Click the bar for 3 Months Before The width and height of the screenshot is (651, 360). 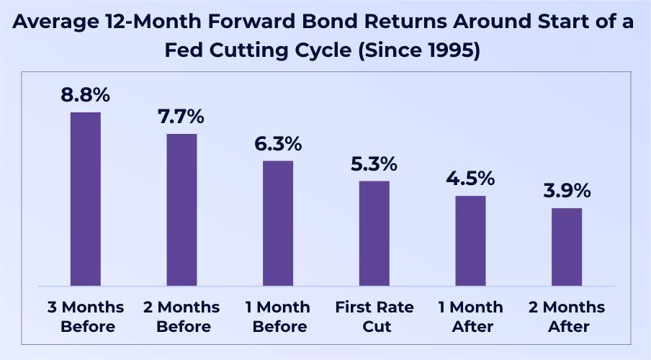[86, 199]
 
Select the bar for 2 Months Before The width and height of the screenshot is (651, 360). [182, 210]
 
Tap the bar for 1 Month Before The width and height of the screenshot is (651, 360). [278, 223]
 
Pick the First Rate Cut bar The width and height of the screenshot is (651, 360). [374, 233]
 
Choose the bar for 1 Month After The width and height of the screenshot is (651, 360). [470, 240]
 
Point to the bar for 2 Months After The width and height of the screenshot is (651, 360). [567, 247]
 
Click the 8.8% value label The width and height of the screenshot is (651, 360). [86, 95]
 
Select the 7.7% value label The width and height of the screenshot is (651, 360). [181, 117]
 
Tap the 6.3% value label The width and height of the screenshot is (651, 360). [278, 144]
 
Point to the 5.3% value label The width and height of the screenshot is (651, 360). [374, 164]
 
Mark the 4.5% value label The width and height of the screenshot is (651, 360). [470, 179]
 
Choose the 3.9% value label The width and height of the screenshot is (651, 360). [567, 191]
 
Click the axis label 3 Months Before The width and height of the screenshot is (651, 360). [86, 317]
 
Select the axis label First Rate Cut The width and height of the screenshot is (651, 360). [374, 317]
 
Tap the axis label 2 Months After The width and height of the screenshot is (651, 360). [567, 317]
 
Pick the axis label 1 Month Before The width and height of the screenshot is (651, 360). [278, 317]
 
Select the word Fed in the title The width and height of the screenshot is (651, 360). [184, 50]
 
